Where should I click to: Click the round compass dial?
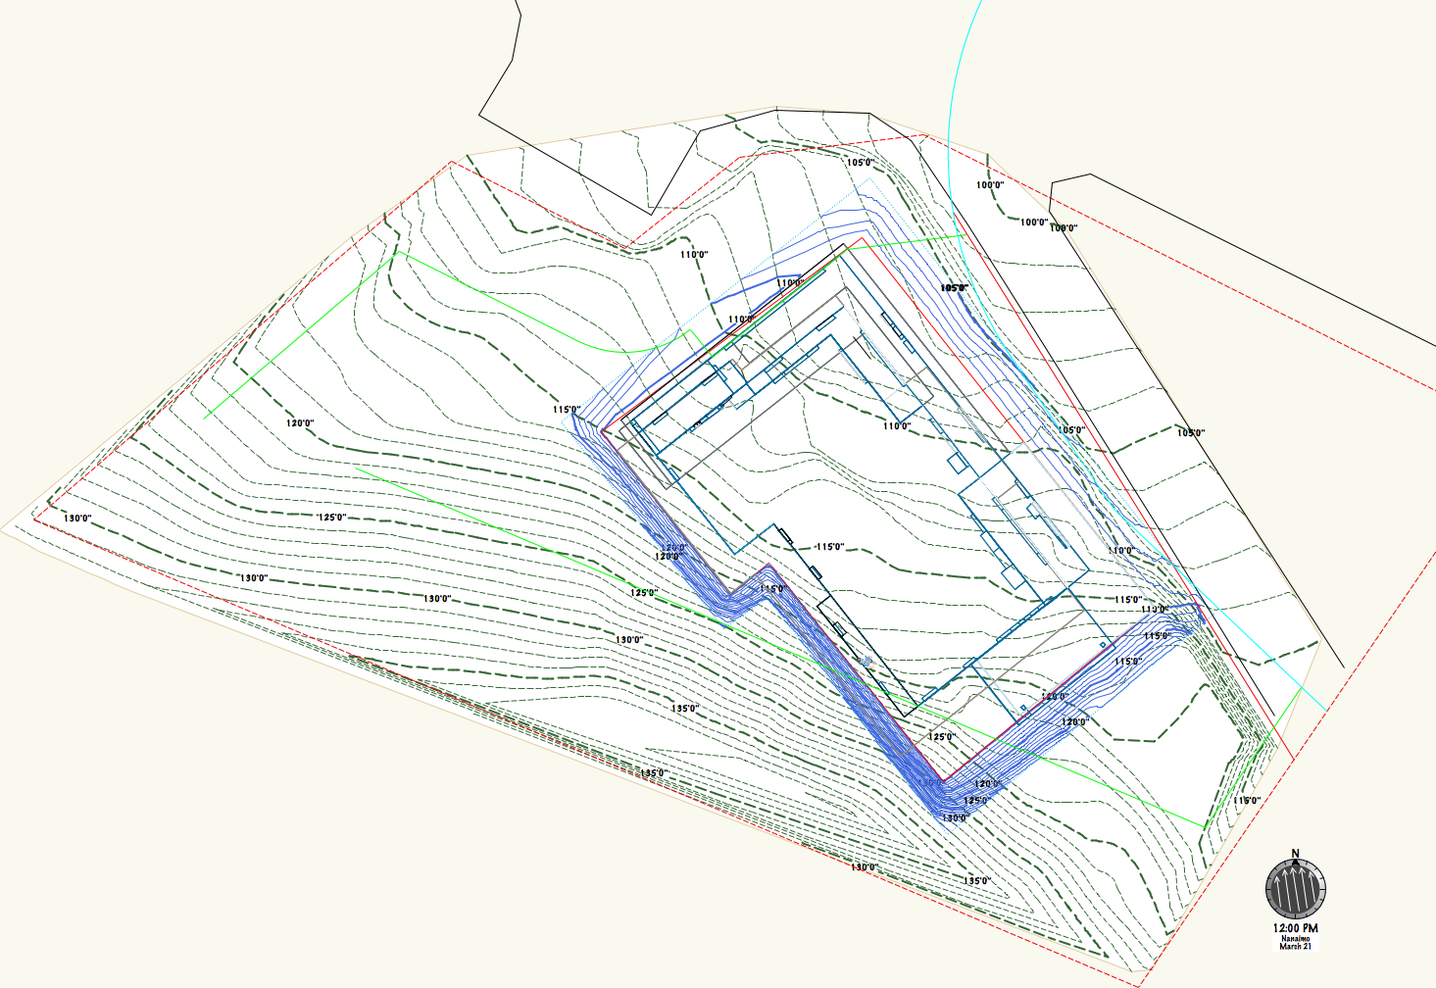point(1295,889)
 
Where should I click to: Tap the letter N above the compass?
point(1295,854)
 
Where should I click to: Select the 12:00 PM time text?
point(1295,928)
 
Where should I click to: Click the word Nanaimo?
point(1295,939)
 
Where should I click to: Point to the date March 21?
point(1295,947)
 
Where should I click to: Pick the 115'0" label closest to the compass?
point(1247,801)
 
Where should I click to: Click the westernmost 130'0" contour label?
point(77,519)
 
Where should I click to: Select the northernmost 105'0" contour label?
point(860,163)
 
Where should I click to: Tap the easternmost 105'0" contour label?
point(1191,433)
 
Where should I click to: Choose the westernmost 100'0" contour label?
point(990,185)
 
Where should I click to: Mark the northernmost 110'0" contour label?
point(694,255)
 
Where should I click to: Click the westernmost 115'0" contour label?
point(567,410)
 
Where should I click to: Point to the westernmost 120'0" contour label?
point(300,423)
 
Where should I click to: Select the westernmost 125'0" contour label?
point(331,518)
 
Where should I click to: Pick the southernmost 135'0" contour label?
point(976,881)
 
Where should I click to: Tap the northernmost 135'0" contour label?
point(684,709)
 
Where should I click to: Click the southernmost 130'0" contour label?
point(864,867)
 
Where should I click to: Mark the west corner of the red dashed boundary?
point(35,519)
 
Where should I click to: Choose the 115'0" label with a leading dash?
point(828,547)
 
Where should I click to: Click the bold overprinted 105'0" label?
point(954,288)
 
